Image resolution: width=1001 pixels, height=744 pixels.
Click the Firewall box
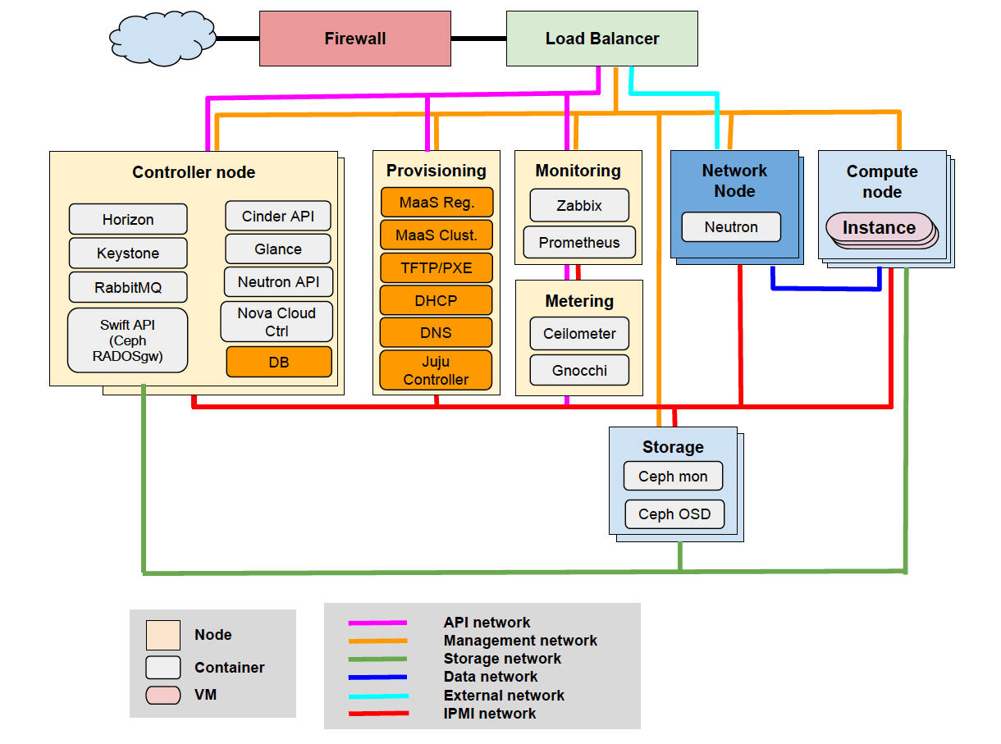click(x=354, y=39)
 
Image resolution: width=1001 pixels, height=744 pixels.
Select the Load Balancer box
click(x=601, y=39)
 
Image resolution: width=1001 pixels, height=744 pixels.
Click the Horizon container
click(x=128, y=219)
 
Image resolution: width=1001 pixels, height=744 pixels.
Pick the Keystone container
click(x=128, y=253)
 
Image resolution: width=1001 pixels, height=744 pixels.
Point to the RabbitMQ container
click(x=128, y=288)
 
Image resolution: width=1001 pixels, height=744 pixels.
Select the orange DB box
click(x=279, y=362)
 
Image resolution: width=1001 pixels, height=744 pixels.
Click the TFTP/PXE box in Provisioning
click(x=436, y=268)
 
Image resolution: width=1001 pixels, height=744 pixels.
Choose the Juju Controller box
click(x=436, y=371)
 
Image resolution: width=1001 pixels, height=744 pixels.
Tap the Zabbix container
click(x=579, y=206)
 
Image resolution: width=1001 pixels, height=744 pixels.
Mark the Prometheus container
click(x=579, y=243)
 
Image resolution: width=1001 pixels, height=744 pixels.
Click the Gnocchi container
click(x=579, y=370)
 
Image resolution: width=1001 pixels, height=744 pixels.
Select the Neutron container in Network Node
click(x=731, y=227)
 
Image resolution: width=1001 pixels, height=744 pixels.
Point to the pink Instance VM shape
click(x=879, y=228)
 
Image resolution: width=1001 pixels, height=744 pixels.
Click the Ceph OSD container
click(x=674, y=514)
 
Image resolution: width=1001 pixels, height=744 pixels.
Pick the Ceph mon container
click(x=673, y=476)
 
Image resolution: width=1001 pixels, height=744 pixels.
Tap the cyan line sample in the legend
click(x=378, y=696)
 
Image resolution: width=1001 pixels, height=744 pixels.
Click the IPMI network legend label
click(x=490, y=714)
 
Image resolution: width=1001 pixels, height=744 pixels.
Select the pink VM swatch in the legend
click(x=162, y=695)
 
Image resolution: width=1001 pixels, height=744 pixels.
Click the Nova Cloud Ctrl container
click(x=277, y=322)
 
